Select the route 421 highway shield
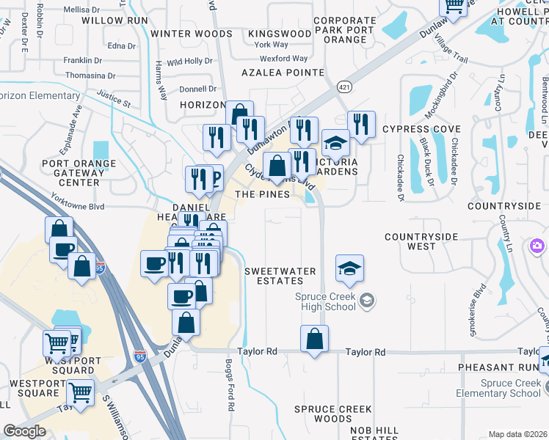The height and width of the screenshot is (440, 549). click(343, 87)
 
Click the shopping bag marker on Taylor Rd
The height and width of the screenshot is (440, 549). click(314, 340)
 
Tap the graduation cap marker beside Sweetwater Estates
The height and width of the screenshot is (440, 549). click(350, 268)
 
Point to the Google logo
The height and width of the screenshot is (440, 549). click(24, 431)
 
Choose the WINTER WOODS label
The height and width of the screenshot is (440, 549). click(192, 34)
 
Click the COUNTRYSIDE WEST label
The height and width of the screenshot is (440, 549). click(421, 242)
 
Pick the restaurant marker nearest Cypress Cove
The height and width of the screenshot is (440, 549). click(360, 124)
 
